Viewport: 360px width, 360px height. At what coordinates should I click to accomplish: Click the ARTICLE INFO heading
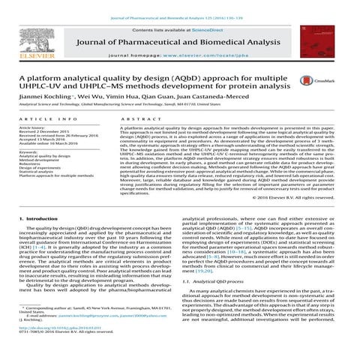(43, 120)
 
